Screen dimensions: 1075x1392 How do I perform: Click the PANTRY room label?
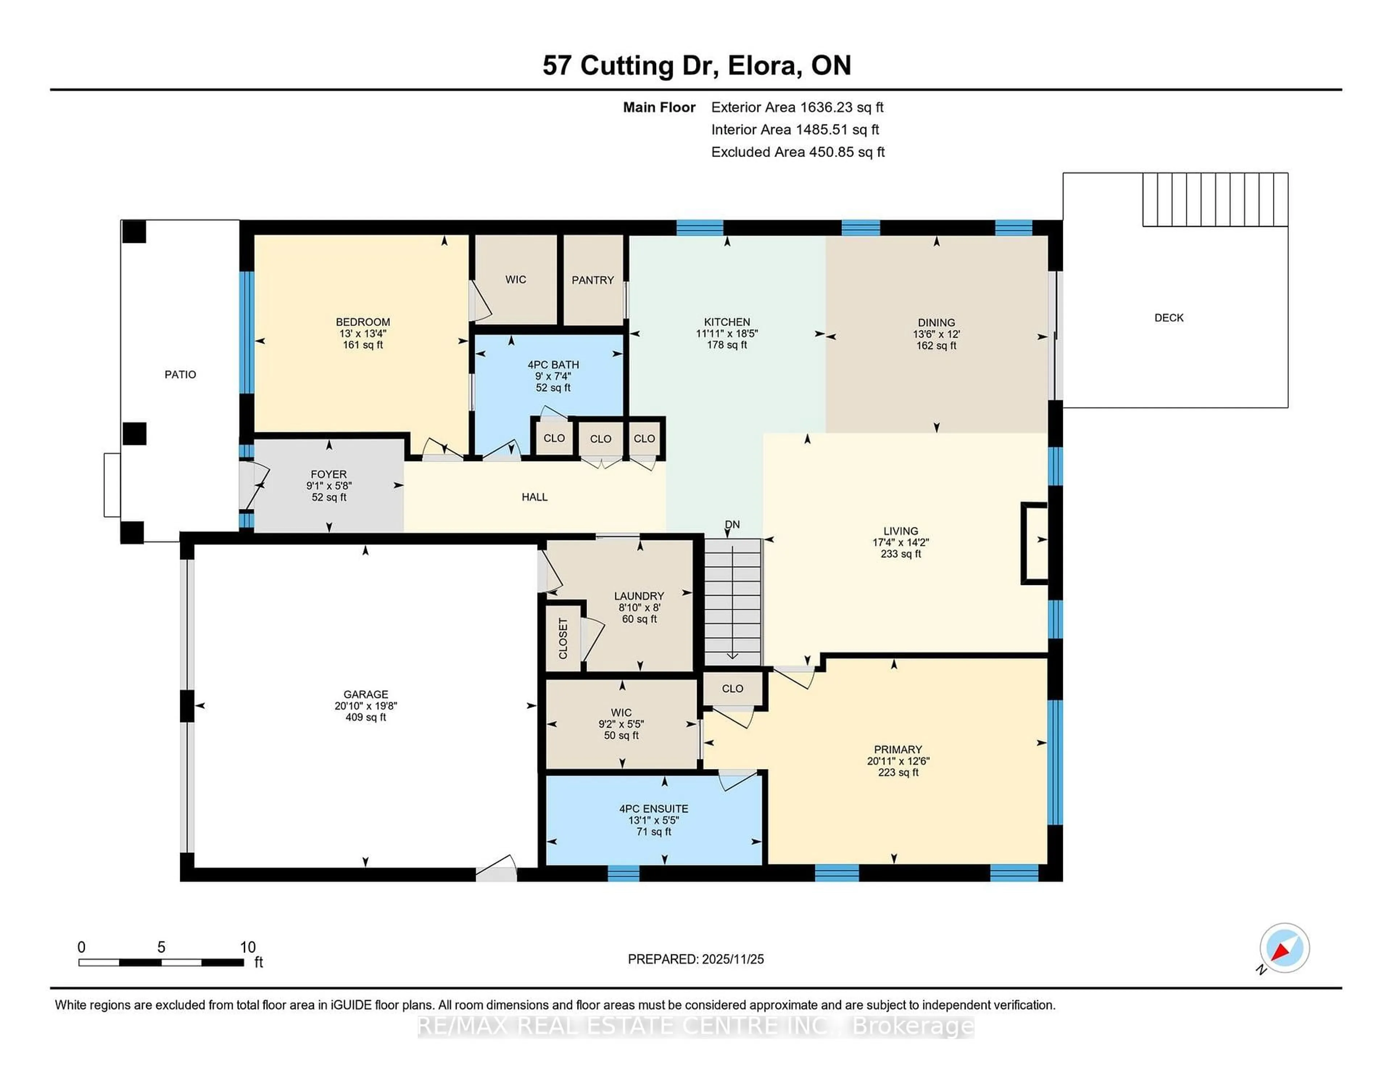click(592, 280)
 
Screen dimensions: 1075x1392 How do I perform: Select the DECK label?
click(1168, 317)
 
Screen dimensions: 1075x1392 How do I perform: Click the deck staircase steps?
click(1214, 199)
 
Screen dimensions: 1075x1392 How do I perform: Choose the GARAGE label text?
click(365, 694)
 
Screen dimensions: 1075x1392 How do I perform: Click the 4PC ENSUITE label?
click(653, 809)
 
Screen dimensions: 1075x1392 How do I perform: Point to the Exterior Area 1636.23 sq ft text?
click(797, 107)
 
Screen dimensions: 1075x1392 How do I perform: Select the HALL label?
click(534, 497)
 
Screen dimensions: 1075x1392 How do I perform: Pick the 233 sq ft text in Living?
click(900, 554)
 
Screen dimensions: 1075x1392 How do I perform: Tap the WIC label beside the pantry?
click(515, 279)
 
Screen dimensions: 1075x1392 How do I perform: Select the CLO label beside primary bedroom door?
click(732, 688)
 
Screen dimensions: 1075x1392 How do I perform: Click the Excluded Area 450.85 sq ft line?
click(797, 152)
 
